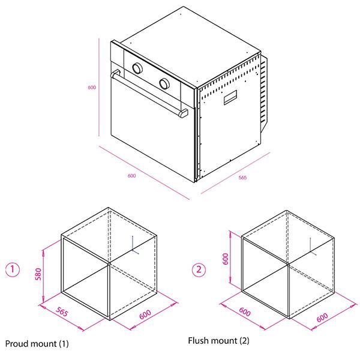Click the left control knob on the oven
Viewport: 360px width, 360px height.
tap(137, 68)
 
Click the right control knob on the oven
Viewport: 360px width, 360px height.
tap(164, 83)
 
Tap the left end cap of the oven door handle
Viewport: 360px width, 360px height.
tap(115, 74)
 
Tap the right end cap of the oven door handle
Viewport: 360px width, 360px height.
tap(183, 113)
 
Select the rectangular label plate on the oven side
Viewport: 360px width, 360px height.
tap(230, 97)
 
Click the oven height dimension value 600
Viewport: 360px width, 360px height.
tap(92, 87)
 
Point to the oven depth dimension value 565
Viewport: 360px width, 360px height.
tap(242, 178)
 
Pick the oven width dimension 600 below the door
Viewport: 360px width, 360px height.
tap(131, 176)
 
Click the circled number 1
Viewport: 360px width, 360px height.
tap(13, 269)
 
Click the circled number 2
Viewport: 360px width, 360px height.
tap(199, 269)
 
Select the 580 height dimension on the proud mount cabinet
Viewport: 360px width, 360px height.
tap(38, 274)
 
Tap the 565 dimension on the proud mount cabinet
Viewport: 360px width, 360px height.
tap(62, 311)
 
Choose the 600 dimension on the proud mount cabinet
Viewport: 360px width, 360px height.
tap(145, 314)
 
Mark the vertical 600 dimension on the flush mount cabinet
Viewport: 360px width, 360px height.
tap(226, 259)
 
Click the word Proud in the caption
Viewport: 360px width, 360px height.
tap(15, 344)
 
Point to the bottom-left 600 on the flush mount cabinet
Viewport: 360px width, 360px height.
tap(245, 311)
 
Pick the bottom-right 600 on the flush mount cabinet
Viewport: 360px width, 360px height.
tap(322, 317)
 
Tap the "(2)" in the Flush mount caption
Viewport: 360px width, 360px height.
tap(245, 341)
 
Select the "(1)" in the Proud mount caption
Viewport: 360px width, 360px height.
tap(64, 344)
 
